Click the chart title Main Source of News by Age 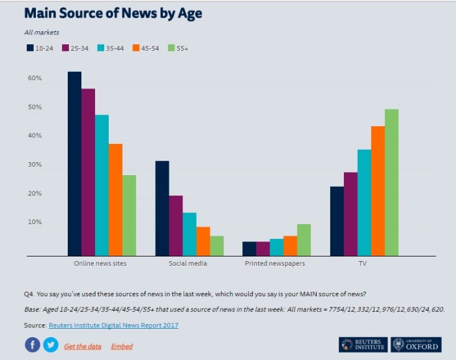point(113,13)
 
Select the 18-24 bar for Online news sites point(74,163)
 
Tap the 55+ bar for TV point(391,182)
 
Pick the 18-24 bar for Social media point(162,208)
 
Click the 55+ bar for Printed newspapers point(304,240)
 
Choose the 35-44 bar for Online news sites point(102,185)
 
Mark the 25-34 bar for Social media point(175,225)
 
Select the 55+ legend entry point(178,48)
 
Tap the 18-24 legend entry point(40,48)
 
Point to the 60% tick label point(35,79)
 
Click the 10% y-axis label point(35,223)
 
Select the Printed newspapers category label point(275,264)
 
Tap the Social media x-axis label point(188,264)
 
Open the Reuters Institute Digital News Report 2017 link point(113,325)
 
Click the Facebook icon point(33,345)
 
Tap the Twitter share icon point(51,345)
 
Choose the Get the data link point(83,346)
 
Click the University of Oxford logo point(416,344)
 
